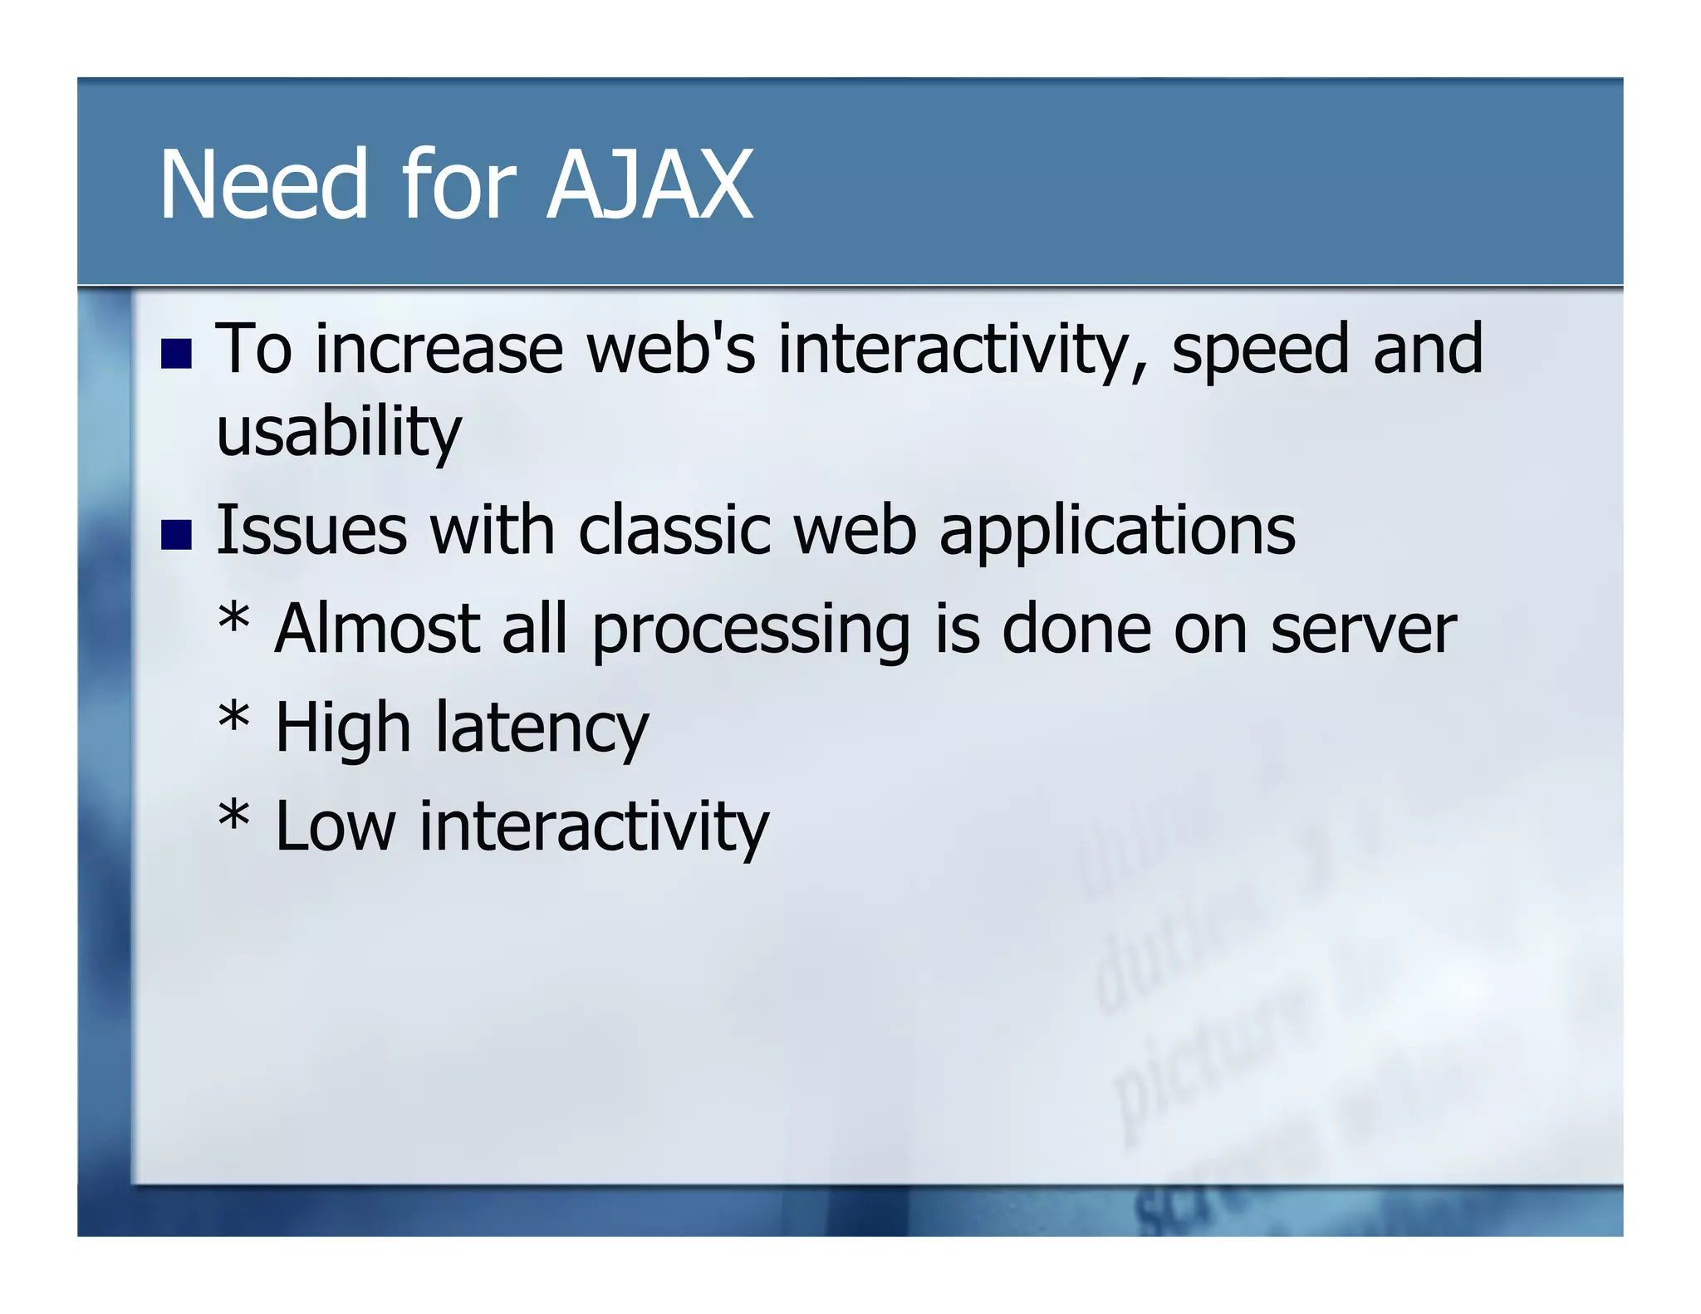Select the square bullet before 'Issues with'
[x=176, y=534]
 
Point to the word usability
[x=338, y=434]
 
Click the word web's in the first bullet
[x=671, y=349]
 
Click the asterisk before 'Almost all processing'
[x=233, y=621]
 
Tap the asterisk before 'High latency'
[x=233, y=719]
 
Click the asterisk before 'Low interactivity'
[x=233, y=817]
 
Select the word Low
[x=335, y=827]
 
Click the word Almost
[x=377, y=630]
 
